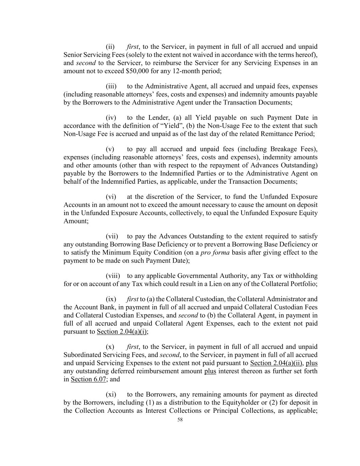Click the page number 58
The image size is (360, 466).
[x=180, y=420]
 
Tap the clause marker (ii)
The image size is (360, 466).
[x=110, y=47]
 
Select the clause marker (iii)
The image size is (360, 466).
[x=111, y=86]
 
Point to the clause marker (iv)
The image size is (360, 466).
[x=111, y=118]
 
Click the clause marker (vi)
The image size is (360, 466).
[x=111, y=197]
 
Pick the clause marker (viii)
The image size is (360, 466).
[x=112, y=276]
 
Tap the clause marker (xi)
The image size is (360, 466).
[x=111, y=394]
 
